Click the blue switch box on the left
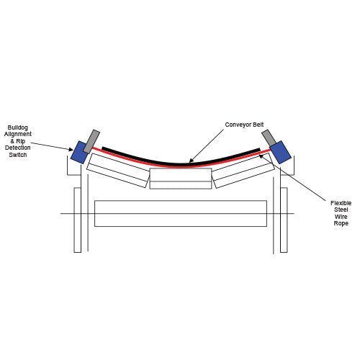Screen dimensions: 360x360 click(79, 153)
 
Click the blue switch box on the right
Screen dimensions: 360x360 click(280, 152)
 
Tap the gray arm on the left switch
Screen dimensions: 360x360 click(91, 142)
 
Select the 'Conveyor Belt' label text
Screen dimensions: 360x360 click(244, 125)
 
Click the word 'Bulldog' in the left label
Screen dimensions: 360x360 click(18, 127)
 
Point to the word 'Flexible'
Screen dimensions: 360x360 click(341, 203)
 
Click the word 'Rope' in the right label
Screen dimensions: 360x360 click(341, 223)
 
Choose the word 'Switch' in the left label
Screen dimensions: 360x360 click(18, 155)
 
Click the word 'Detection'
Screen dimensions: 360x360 click(18, 148)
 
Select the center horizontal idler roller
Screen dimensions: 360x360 click(181, 179)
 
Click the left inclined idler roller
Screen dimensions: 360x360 click(118, 171)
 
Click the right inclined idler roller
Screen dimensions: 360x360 click(243, 171)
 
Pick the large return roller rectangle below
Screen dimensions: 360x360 click(181, 213)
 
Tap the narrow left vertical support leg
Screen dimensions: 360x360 click(78, 220)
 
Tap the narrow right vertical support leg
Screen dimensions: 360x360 click(284, 220)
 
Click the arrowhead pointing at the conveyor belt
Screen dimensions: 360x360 click(191, 161)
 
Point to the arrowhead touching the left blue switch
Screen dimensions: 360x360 click(71, 150)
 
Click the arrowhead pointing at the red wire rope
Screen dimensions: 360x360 click(261, 156)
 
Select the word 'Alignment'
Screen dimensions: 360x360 click(18, 134)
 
